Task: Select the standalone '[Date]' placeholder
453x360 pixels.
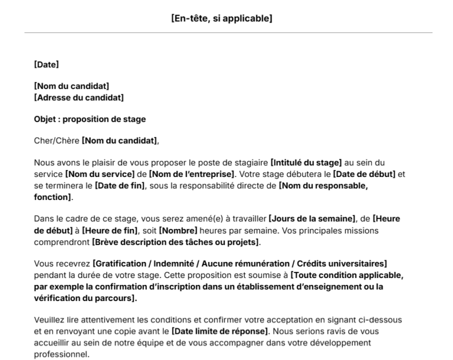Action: tap(47, 64)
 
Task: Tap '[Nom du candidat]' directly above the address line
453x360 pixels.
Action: tap(71, 86)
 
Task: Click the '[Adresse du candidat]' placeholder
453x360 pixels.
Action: tap(79, 97)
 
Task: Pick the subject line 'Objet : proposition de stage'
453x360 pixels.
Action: tap(90, 119)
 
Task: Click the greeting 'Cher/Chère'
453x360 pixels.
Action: tap(57, 140)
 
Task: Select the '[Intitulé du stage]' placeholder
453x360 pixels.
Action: tap(306, 162)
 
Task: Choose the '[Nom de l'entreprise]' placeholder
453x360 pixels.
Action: tap(191, 174)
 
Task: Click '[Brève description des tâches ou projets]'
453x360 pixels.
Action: tap(176, 242)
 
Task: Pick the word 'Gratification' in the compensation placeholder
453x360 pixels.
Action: tap(122, 263)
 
